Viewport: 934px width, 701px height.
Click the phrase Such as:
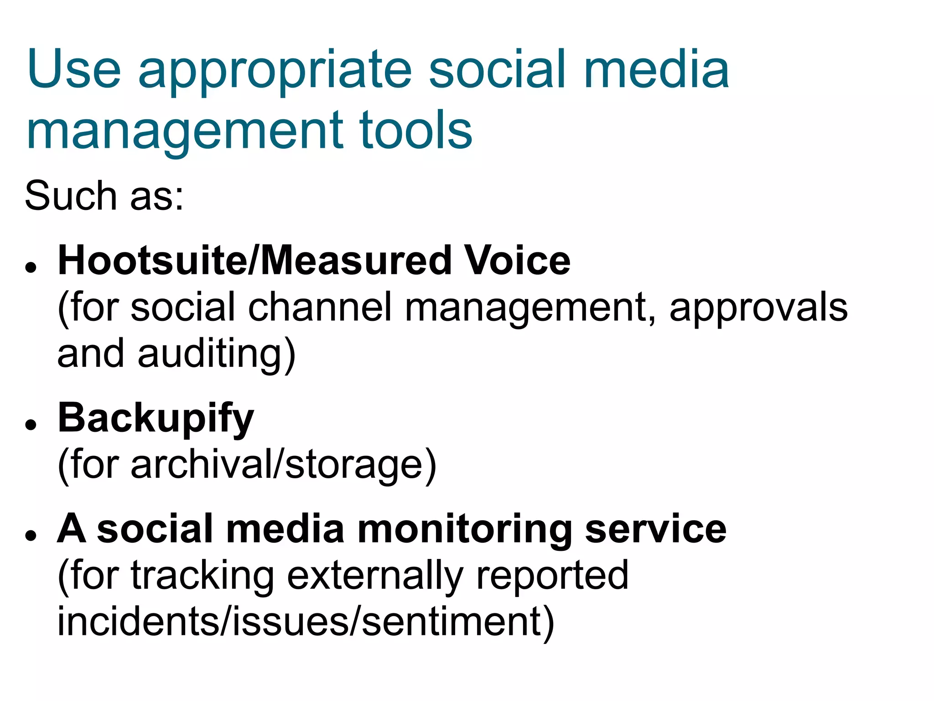coord(104,196)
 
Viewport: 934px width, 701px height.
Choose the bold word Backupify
coord(156,419)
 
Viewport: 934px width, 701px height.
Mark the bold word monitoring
coord(465,530)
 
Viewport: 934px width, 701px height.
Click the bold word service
coord(655,529)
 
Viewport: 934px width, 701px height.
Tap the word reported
coord(552,576)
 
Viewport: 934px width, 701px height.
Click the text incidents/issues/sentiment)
coord(306,622)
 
